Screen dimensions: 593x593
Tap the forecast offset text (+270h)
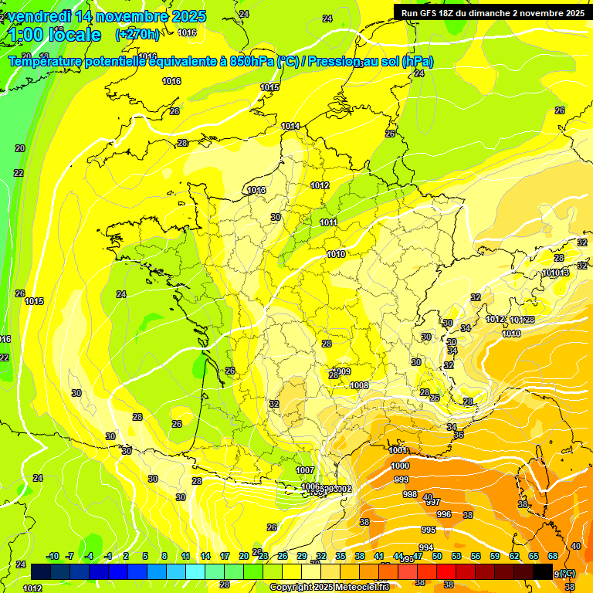coord(138,34)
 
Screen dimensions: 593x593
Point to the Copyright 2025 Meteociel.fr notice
coord(329,587)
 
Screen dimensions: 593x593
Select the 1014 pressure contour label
coord(290,126)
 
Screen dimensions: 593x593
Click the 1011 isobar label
coord(328,222)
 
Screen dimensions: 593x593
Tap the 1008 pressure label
coord(359,385)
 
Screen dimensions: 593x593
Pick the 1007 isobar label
coord(305,470)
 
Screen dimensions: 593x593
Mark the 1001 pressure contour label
coord(398,450)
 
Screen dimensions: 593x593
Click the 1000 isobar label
coord(400,466)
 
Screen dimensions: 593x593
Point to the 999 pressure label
coord(402,479)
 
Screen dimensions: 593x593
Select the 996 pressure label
coord(443,514)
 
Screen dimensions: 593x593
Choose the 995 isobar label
coord(428,530)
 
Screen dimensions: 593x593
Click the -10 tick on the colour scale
coord(53,556)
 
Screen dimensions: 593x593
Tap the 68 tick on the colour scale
coord(553,556)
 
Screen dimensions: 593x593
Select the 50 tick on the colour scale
coord(436,556)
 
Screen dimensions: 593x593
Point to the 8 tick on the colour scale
coord(164,556)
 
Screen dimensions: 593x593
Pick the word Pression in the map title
coord(334,62)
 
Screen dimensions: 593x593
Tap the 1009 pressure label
coord(342,371)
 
